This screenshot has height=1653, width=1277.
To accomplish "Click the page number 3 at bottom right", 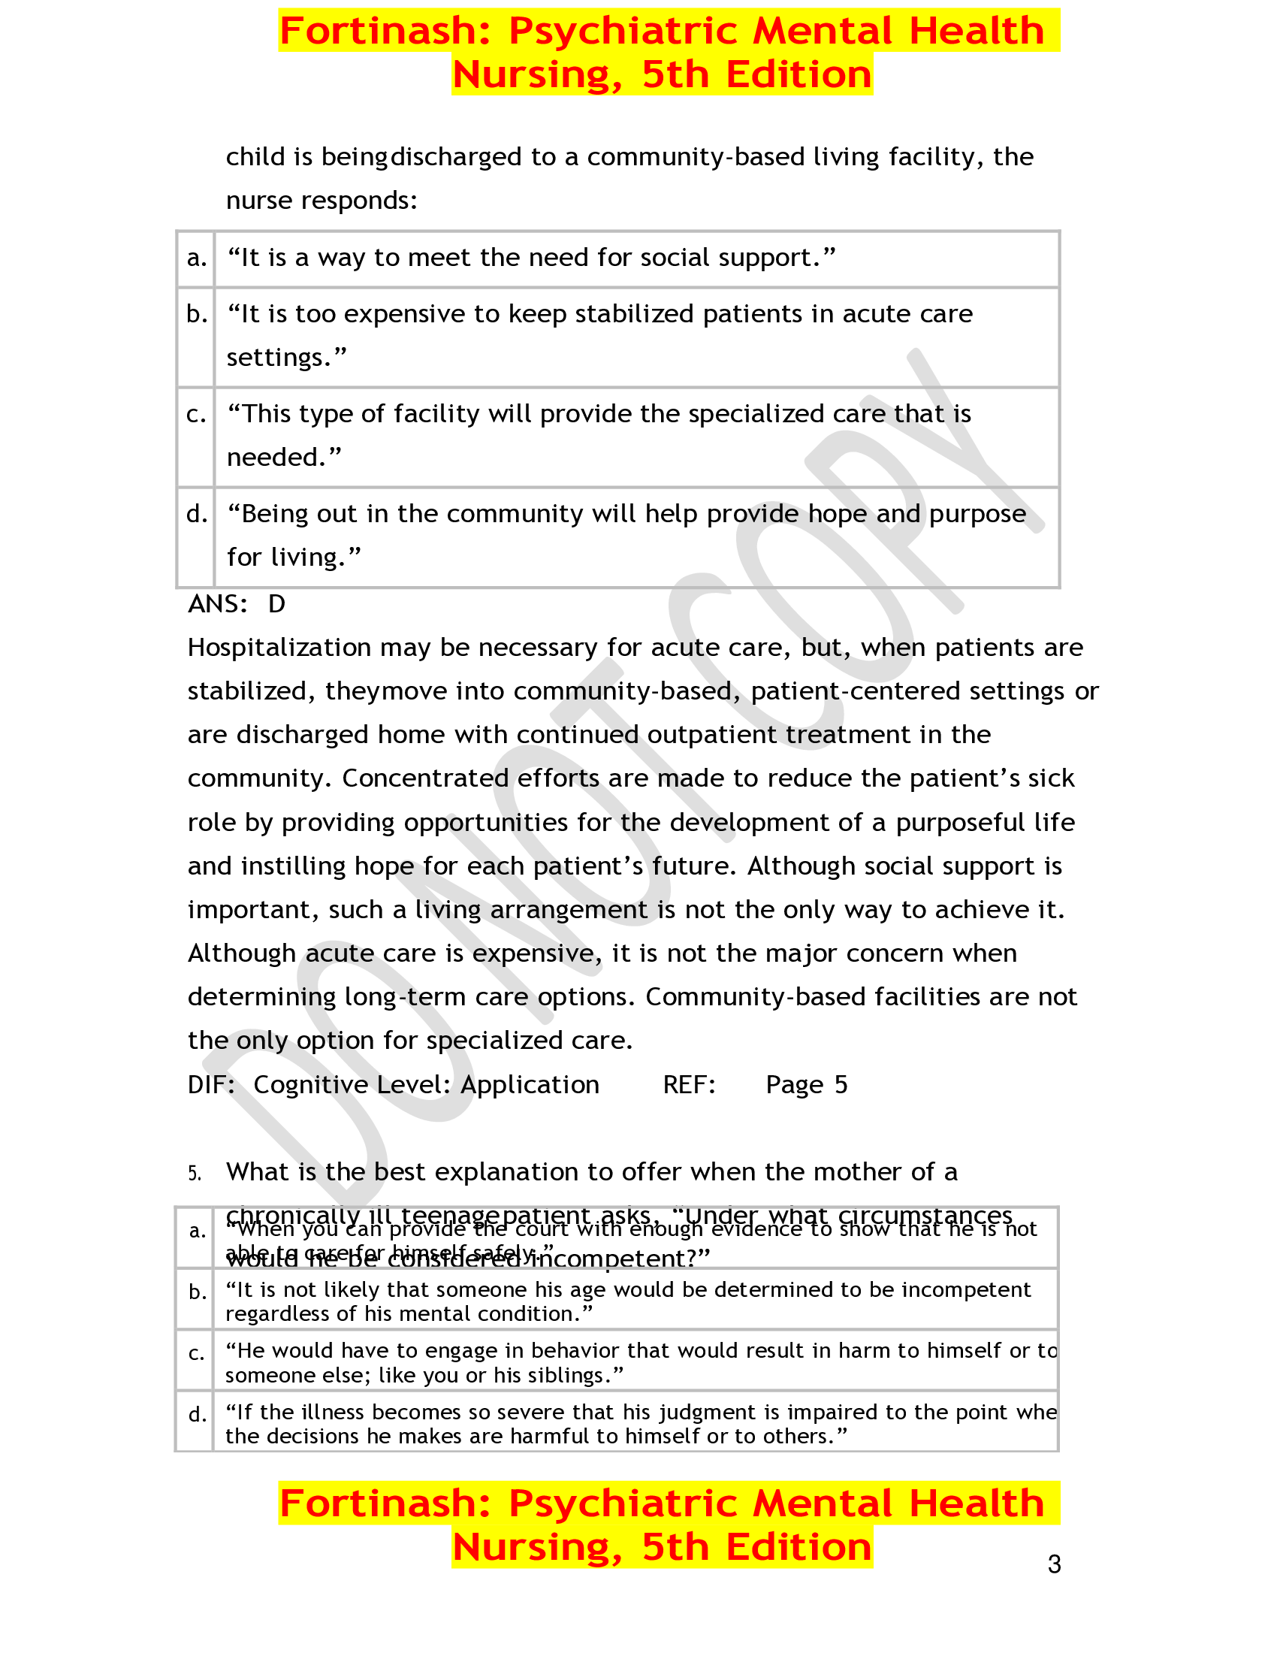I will click(x=1054, y=1564).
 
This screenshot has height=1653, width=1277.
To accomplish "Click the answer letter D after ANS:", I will click(x=276, y=604).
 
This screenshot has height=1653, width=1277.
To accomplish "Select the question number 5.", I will click(x=195, y=1174).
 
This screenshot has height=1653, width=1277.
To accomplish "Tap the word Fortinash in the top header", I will click(x=386, y=32).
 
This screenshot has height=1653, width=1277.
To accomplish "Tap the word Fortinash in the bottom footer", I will click(x=386, y=1504).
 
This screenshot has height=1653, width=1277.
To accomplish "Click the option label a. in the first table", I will click(x=197, y=258).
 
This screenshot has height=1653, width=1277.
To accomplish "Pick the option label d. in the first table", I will click(x=197, y=514).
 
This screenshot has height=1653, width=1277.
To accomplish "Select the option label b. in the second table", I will click(x=197, y=1292).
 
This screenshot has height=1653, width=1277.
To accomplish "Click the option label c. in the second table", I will click(x=197, y=1353).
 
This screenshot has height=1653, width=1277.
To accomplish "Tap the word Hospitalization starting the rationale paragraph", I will click(x=279, y=648).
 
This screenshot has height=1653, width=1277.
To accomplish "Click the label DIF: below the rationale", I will click(x=211, y=1084).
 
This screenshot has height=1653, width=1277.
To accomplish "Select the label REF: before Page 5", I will click(x=689, y=1084).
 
